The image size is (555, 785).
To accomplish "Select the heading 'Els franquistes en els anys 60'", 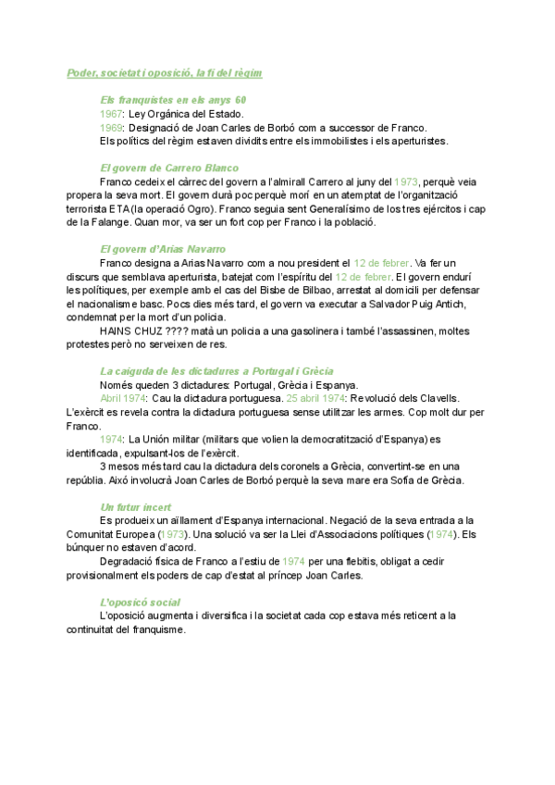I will pyautogui.click(x=173, y=99).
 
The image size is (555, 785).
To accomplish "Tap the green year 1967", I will pyautogui.click(x=111, y=113).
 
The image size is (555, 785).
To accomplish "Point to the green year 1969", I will pyautogui.click(x=111, y=127).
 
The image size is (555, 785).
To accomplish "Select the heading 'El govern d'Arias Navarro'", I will pyautogui.click(x=162, y=250).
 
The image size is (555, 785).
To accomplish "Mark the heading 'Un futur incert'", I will pyautogui.click(x=133, y=508).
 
